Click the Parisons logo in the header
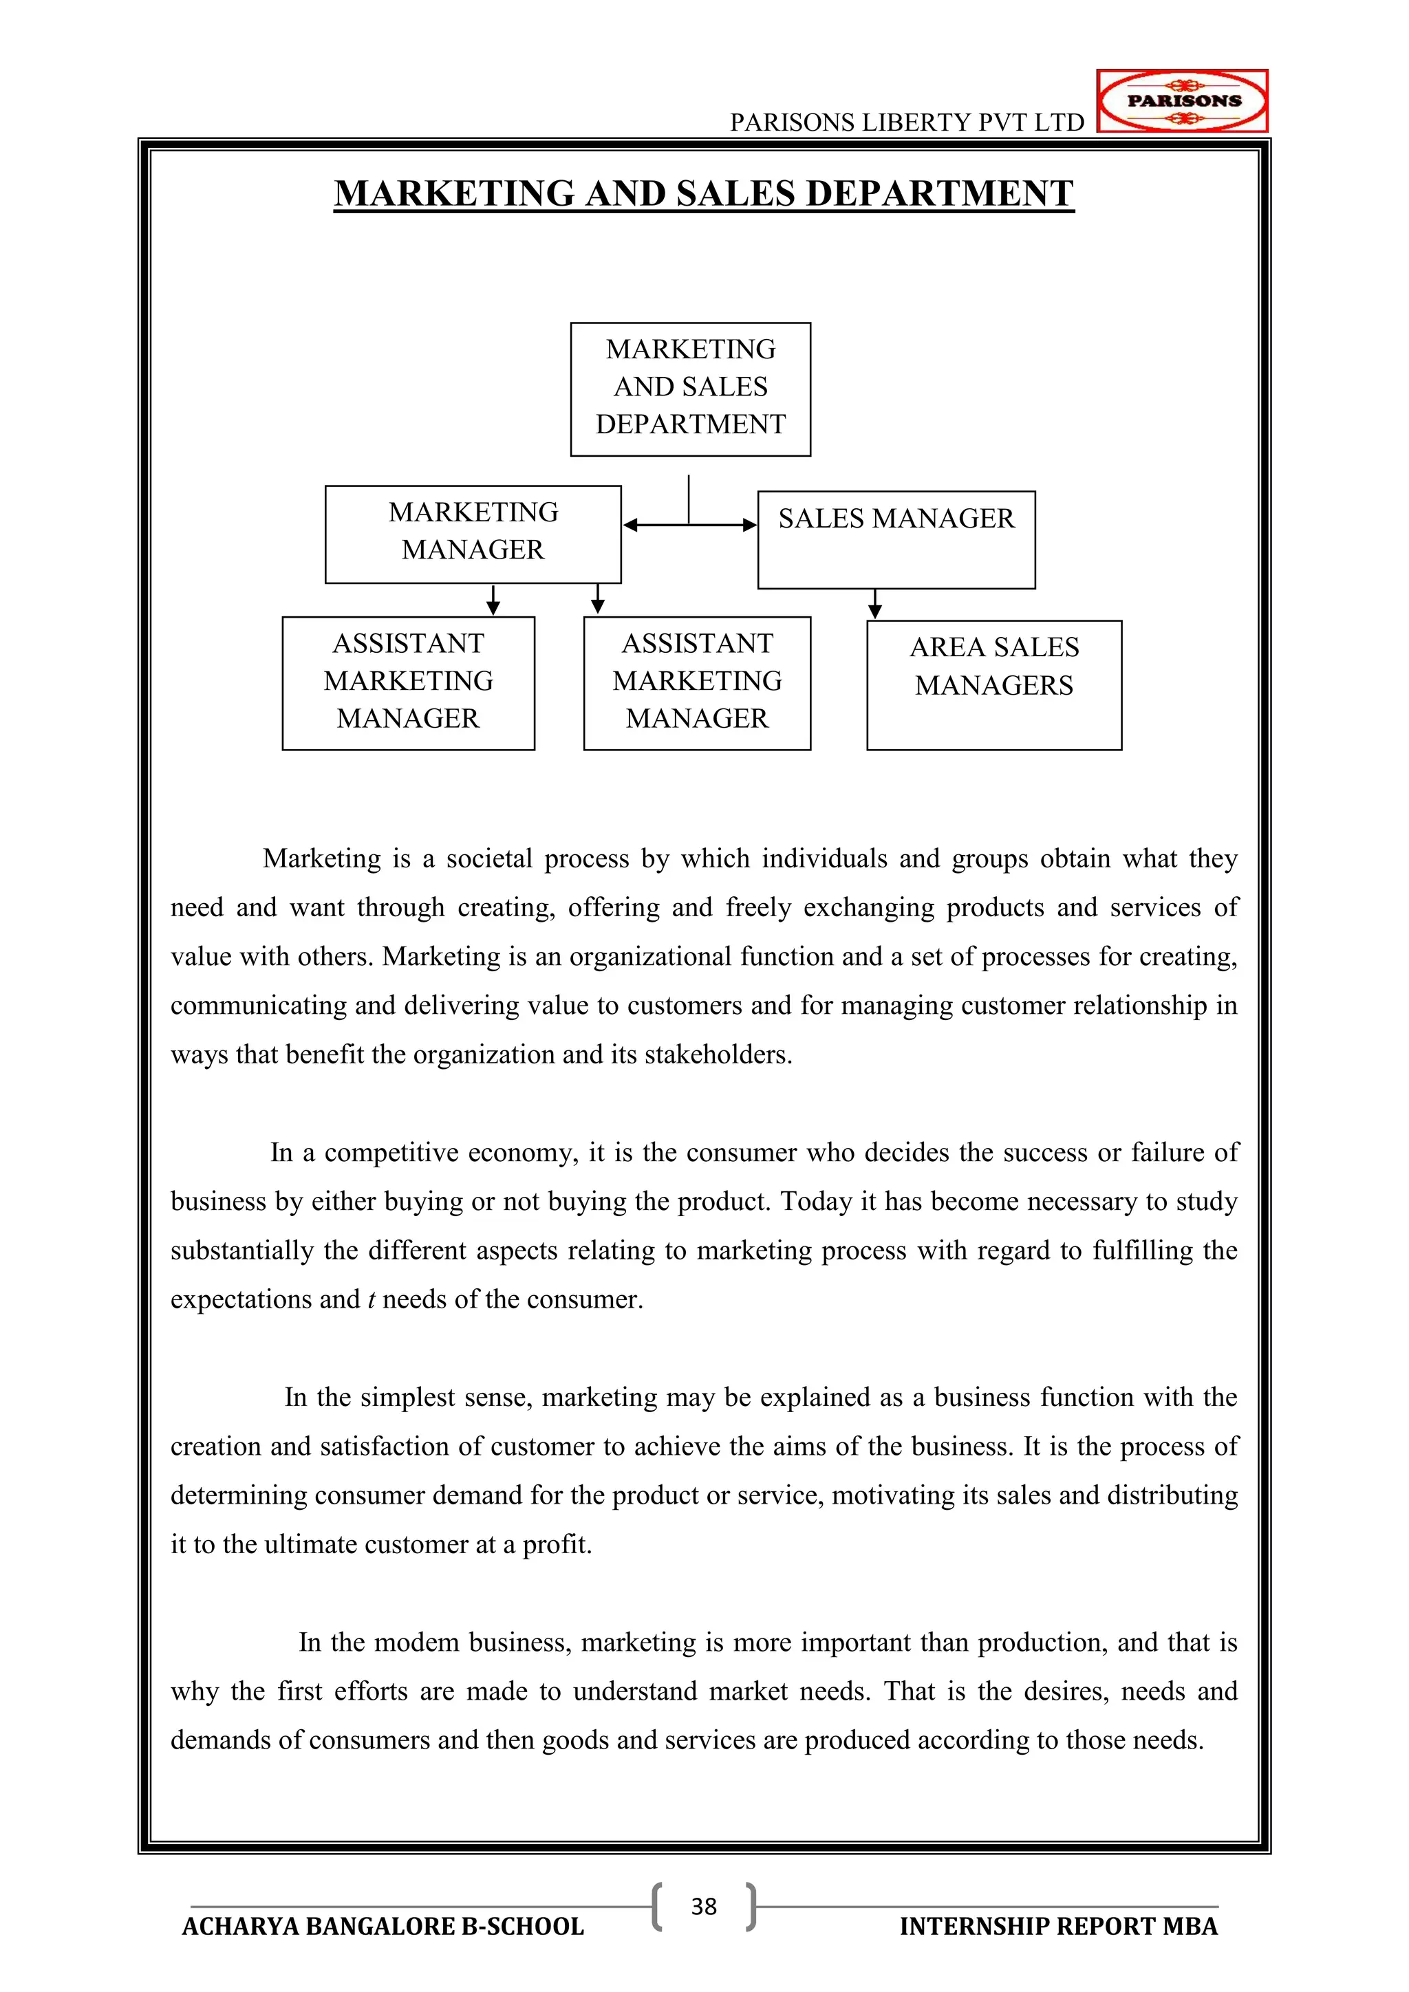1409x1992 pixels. click(1182, 100)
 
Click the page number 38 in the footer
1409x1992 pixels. click(704, 1907)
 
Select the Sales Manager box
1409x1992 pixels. click(896, 540)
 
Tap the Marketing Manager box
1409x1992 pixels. click(473, 534)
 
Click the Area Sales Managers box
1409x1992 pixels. click(993, 684)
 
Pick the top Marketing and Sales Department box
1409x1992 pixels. click(691, 389)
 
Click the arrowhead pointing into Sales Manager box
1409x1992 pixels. click(750, 525)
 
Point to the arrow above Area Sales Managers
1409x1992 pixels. click(874, 605)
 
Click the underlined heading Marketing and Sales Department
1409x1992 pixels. click(704, 193)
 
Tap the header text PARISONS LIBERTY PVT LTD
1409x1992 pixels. click(907, 122)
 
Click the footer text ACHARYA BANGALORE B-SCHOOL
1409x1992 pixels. click(383, 1927)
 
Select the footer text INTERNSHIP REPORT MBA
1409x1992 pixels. click(1059, 1927)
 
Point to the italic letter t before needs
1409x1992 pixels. click(372, 1299)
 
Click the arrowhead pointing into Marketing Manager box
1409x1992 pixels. click(631, 525)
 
